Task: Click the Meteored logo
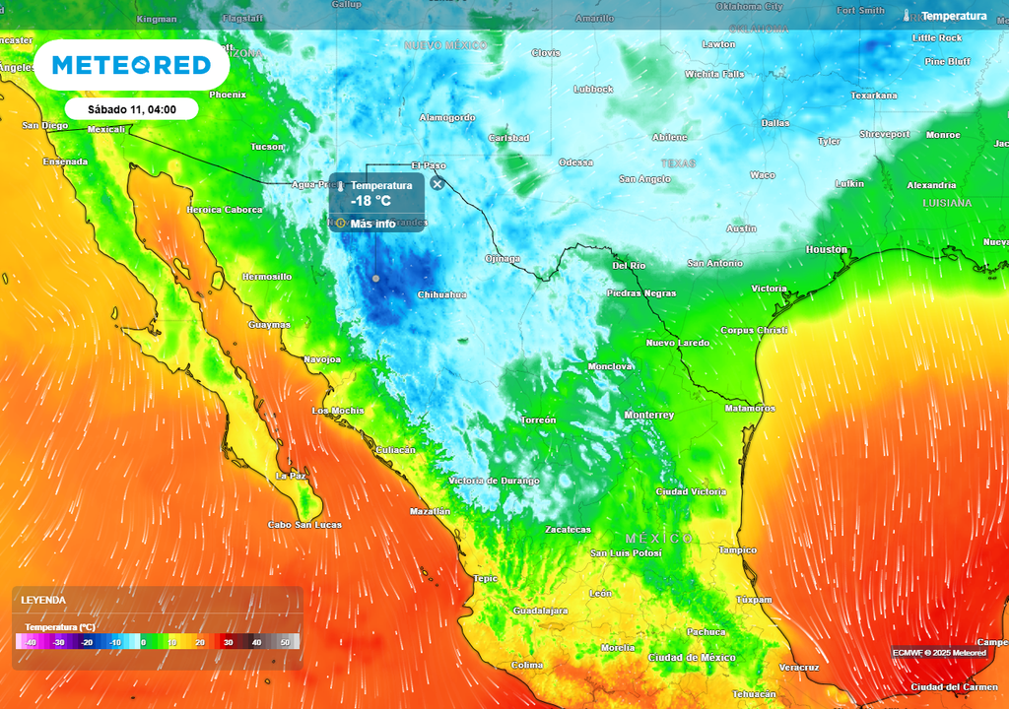point(131,65)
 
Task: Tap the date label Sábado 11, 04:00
point(132,109)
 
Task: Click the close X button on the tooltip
point(437,183)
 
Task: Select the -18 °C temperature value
point(371,201)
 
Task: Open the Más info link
point(372,224)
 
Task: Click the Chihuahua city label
point(441,294)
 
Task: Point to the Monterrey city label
point(648,416)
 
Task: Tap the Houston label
point(826,250)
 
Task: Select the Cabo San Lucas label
point(304,525)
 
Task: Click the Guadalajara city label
point(540,611)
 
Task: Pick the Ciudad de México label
point(692,657)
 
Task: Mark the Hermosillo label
point(266,277)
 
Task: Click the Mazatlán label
point(430,511)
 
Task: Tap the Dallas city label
point(774,123)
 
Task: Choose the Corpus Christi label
point(754,331)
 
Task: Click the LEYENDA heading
point(43,600)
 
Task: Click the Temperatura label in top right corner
point(953,16)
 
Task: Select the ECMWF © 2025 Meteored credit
point(939,652)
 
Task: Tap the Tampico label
point(737,550)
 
